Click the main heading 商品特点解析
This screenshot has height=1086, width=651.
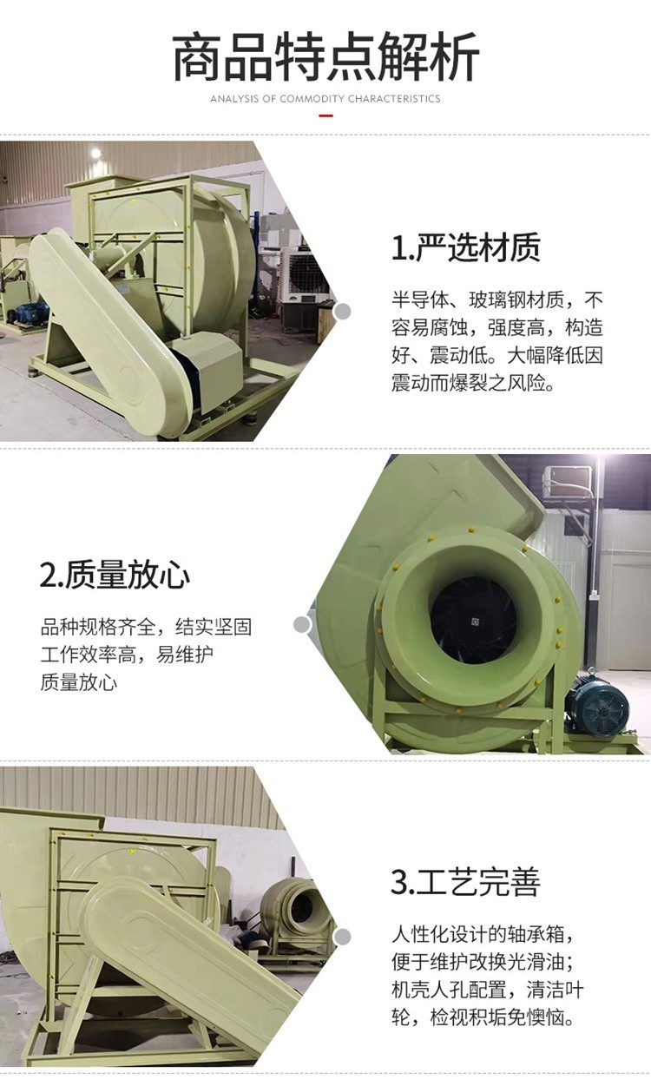325,57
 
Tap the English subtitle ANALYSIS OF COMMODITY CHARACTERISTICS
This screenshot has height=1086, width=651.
325,99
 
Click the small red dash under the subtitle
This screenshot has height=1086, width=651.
325,115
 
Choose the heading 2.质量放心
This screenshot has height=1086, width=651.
115,575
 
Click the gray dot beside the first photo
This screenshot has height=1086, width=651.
343,312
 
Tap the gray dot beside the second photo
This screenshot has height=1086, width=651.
302,624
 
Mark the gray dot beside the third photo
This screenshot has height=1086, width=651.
343,937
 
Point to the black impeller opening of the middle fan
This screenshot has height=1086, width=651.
472,619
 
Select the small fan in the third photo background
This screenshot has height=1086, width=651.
297,912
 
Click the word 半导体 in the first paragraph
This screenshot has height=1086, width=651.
420,300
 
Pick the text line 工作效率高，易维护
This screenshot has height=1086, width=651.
127,655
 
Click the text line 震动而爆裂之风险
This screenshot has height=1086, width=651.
472,383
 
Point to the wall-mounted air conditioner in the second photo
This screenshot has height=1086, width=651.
567,481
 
